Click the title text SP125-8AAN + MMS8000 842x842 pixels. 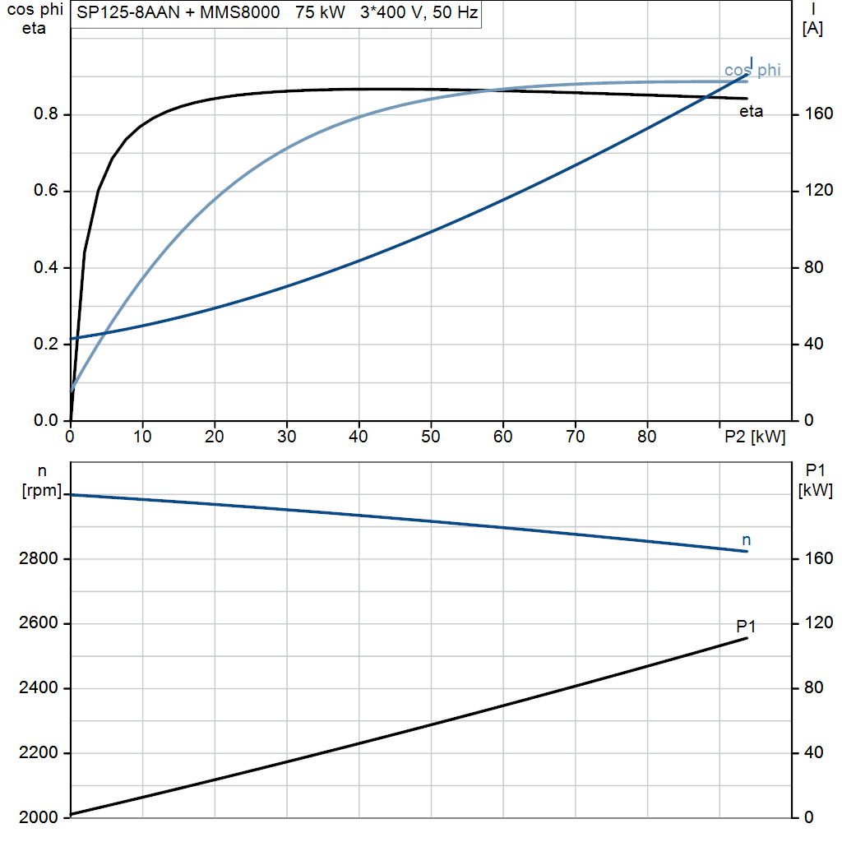click(x=178, y=12)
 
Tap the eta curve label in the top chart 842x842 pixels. click(x=751, y=111)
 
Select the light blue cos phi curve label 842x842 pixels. click(x=752, y=71)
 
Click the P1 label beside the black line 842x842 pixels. click(x=746, y=626)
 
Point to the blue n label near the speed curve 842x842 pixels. click(x=746, y=540)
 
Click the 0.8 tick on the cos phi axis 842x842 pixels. click(x=46, y=113)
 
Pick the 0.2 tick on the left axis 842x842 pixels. click(x=46, y=344)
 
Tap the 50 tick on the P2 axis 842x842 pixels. click(x=431, y=437)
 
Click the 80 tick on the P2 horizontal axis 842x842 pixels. click(x=647, y=437)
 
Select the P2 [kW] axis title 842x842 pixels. click(x=755, y=437)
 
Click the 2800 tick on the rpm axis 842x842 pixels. click(x=38, y=558)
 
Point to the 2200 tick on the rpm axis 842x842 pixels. click(x=38, y=752)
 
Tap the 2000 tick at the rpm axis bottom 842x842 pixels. click(x=38, y=817)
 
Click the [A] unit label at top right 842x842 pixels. click(x=812, y=29)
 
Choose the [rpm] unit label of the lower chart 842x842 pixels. click(x=42, y=490)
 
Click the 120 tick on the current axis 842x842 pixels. click(x=819, y=190)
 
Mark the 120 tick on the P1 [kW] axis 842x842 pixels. click(x=819, y=622)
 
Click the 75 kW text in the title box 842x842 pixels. click(x=320, y=12)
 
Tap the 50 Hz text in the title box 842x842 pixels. click(x=455, y=12)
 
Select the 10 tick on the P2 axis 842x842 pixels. click(x=142, y=437)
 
